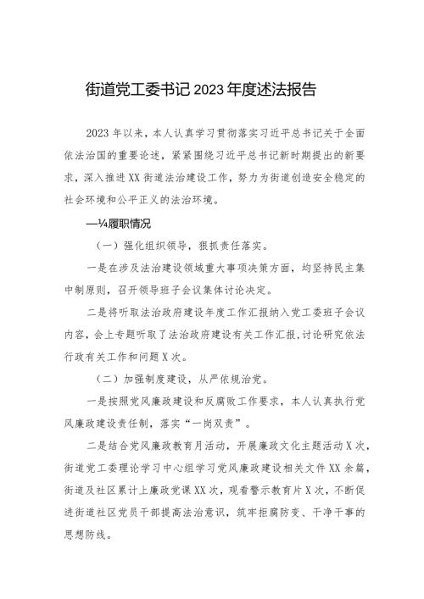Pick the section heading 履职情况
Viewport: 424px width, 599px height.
coord(129,225)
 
